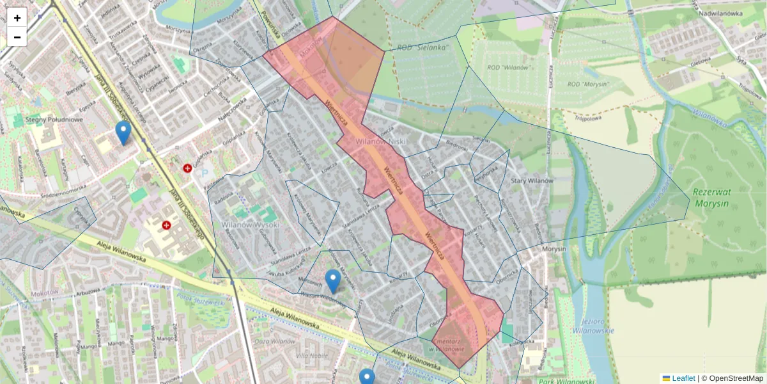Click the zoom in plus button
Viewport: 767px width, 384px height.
(17, 18)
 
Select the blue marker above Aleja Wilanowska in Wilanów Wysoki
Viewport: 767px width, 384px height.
(332, 281)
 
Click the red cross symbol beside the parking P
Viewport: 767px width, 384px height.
(188, 168)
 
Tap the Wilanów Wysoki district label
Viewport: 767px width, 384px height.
(251, 225)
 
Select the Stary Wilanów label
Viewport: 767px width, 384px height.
(531, 181)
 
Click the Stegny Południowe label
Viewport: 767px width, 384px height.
(55, 120)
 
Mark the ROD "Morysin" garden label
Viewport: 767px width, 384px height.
(588, 84)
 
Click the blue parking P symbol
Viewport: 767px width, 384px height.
(205, 172)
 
